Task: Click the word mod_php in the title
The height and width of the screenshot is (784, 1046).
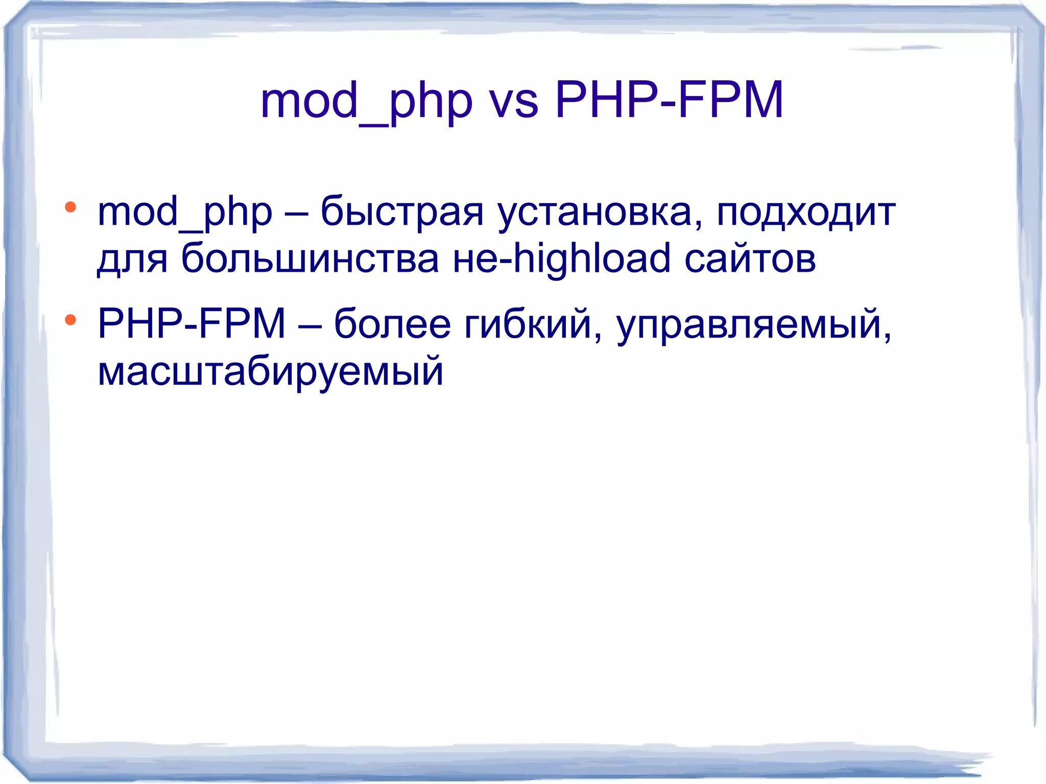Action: (366, 102)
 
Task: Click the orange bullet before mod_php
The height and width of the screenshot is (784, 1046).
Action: (70, 207)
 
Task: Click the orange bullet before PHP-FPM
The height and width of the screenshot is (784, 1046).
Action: (70, 320)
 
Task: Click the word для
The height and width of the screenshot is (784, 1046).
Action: (132, 259)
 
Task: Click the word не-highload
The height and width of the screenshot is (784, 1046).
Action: (561, 258)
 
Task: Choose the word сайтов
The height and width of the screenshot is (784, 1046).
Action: (750, 259)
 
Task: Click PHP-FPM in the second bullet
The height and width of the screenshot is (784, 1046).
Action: (192, 324)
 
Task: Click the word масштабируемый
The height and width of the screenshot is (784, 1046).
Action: (270, 372)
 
